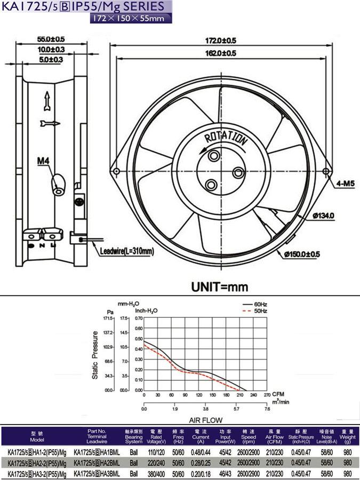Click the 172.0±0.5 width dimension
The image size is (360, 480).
pos(221,41)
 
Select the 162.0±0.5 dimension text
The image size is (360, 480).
pos(221,53)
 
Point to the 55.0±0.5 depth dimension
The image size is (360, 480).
pos(51,39)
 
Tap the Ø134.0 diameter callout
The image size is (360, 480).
pos(323,215)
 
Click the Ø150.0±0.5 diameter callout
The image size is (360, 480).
pos(302,254)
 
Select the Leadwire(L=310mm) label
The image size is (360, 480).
pos(126,251)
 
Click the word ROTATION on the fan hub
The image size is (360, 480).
pos(226,138)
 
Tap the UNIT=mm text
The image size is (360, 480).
pos(220,286)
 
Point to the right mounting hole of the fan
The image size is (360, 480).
pos(326,171)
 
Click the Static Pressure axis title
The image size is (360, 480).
pos(95,355)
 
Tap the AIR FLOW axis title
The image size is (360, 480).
pos(205,420)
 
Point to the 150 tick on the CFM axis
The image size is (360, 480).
pos(212,395)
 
